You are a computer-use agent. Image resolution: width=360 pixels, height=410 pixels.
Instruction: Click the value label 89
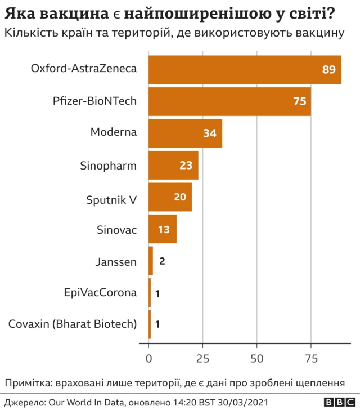pos(328,69)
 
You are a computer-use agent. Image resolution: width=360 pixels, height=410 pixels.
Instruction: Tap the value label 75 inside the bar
pos(299,101)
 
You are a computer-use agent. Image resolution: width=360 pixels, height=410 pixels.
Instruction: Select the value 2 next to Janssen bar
pos(162,261)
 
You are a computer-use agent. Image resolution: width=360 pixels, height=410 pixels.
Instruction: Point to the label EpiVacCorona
pos(101,293)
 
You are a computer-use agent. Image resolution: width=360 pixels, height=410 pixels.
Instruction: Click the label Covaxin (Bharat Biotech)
pos(73,324)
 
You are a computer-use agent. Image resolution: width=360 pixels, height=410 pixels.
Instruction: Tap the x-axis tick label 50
pos(257,359)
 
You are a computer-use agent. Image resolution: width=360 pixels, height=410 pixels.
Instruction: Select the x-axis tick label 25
pos(202,359)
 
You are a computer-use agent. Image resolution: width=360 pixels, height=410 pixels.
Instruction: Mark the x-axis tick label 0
pos(149,359)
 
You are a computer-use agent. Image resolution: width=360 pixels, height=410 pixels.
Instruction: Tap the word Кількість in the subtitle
pos(28,33)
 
